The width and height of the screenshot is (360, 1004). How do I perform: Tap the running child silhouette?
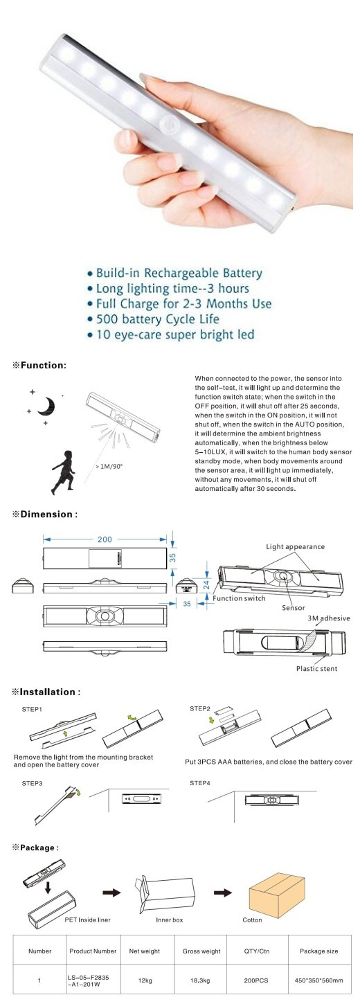63,472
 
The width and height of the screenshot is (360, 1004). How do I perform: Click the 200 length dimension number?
105,539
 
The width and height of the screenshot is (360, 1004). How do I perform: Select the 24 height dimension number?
207,584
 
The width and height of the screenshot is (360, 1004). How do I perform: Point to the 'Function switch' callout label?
239,598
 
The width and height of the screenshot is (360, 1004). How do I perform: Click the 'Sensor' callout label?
294,608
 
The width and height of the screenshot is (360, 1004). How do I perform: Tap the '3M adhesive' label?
329,618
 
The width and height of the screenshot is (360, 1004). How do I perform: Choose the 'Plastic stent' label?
316,668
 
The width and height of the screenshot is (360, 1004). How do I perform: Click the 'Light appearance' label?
295,546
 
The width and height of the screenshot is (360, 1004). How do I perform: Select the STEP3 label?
33,783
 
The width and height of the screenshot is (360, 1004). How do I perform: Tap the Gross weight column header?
201,951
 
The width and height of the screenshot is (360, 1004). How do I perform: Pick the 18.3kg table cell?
201,980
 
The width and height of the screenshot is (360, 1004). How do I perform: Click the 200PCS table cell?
256,980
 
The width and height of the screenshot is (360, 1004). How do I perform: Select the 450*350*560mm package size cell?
318,980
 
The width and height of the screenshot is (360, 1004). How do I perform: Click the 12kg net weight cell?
145,980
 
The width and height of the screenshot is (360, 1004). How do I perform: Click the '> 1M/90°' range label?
109,466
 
